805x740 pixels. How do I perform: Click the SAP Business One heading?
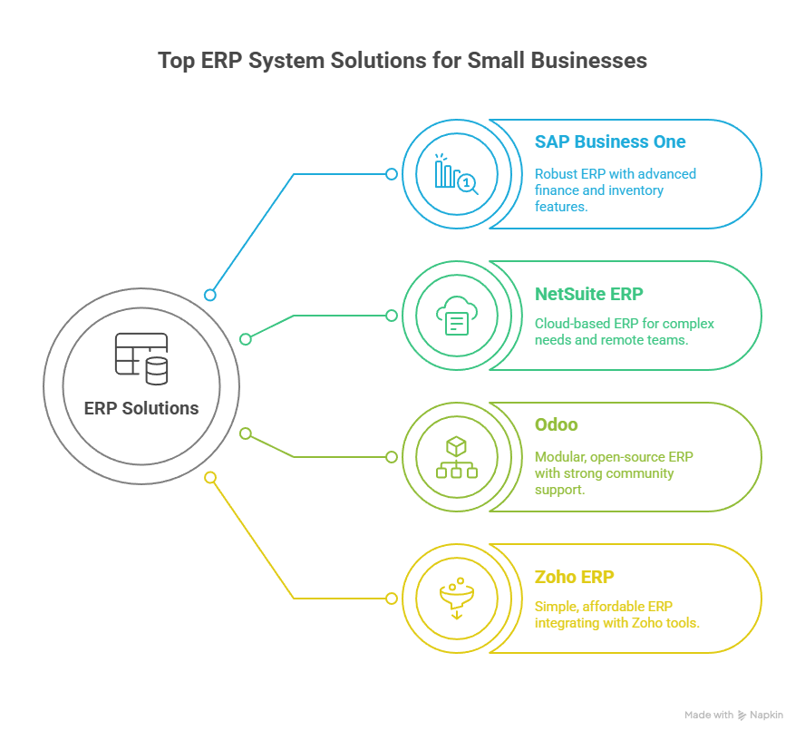610,142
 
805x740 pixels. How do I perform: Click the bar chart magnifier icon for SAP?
456,174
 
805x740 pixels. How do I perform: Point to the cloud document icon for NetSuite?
456,316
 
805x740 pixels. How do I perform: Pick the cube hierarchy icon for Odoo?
456,457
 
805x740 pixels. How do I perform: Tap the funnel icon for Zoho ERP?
456,599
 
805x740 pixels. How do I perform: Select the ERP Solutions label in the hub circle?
141,408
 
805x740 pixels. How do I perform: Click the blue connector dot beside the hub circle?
210,295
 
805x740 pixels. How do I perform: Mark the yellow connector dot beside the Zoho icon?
392,599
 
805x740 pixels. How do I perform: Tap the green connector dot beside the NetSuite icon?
392,316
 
